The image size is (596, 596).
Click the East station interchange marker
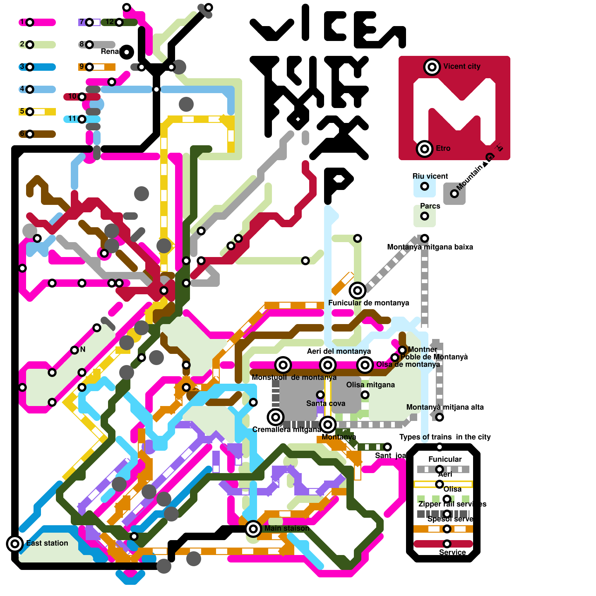point(15,544)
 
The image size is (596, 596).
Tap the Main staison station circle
point(253,529)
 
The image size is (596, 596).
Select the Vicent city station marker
point(432,67)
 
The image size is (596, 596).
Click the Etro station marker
point(425,149)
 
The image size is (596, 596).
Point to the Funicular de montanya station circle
point(358,290)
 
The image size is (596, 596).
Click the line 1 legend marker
point(30,22)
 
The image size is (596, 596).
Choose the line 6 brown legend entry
point(30,134)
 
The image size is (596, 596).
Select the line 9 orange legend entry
point(89,67)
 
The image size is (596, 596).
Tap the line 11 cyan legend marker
point(82,119)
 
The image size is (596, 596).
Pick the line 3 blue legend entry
point(30,67)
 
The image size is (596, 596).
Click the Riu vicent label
point(430,176)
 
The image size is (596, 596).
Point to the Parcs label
point(430,206)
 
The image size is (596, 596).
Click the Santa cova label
point(326,403)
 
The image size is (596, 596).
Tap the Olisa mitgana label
point(370,385)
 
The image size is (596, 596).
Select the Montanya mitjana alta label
point(445,407)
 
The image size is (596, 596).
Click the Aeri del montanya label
point(339,351)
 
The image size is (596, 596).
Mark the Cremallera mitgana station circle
point(276,417)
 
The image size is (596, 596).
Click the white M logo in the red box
point(454,112)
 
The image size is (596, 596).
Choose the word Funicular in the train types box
point(445,459)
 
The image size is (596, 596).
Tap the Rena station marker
point(127,52)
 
